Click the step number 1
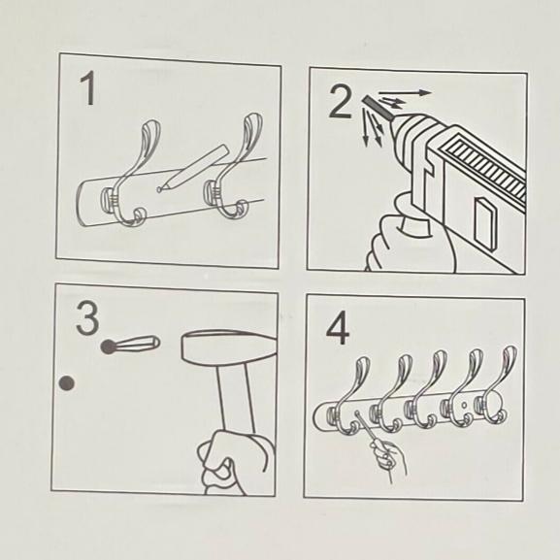coord(88,88)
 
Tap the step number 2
coord(341,102)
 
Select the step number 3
coord(87,318)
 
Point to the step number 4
coord(338,328)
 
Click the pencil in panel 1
coord(193,168)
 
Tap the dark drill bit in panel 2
coord(378,108)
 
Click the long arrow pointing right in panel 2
coord(406,93)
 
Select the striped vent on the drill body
coord(484,168)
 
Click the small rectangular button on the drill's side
coord(485,224)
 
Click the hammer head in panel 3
coord(229,348)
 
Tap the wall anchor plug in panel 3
coord(130,345)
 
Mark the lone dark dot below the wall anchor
coord(66,383)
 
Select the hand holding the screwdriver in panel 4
coord(388,459)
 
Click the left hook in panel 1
coord(135,172)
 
